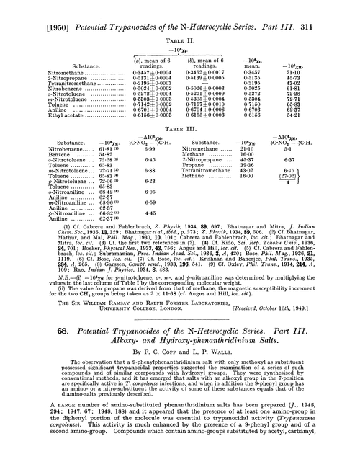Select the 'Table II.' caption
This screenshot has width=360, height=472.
(179, 22)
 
